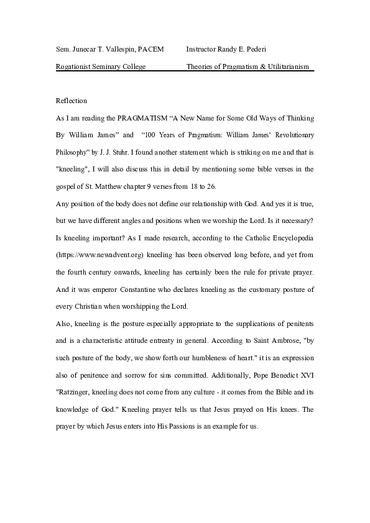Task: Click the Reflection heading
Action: coord(72,101)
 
